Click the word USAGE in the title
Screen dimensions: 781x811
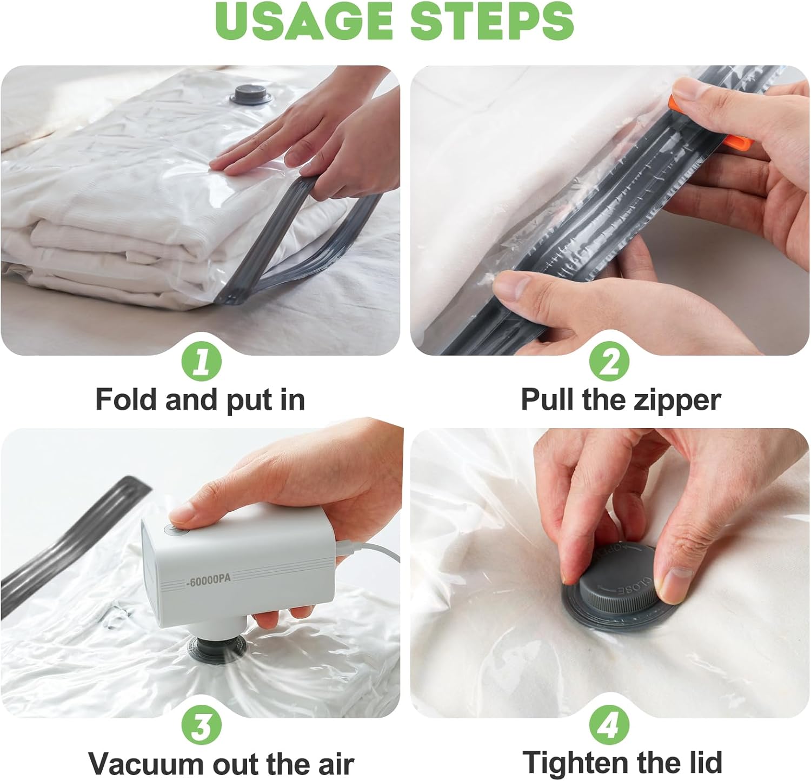(x=305, y=21)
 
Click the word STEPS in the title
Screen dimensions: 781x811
(x=492, y=21)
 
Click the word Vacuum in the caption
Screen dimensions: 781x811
(x=147, y=763)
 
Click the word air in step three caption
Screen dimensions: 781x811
(x=336, y=763)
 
